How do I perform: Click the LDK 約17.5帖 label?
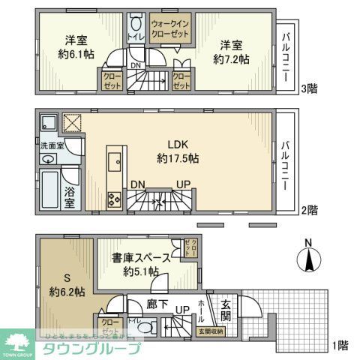(178, 150)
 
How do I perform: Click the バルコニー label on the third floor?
(286, 51)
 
